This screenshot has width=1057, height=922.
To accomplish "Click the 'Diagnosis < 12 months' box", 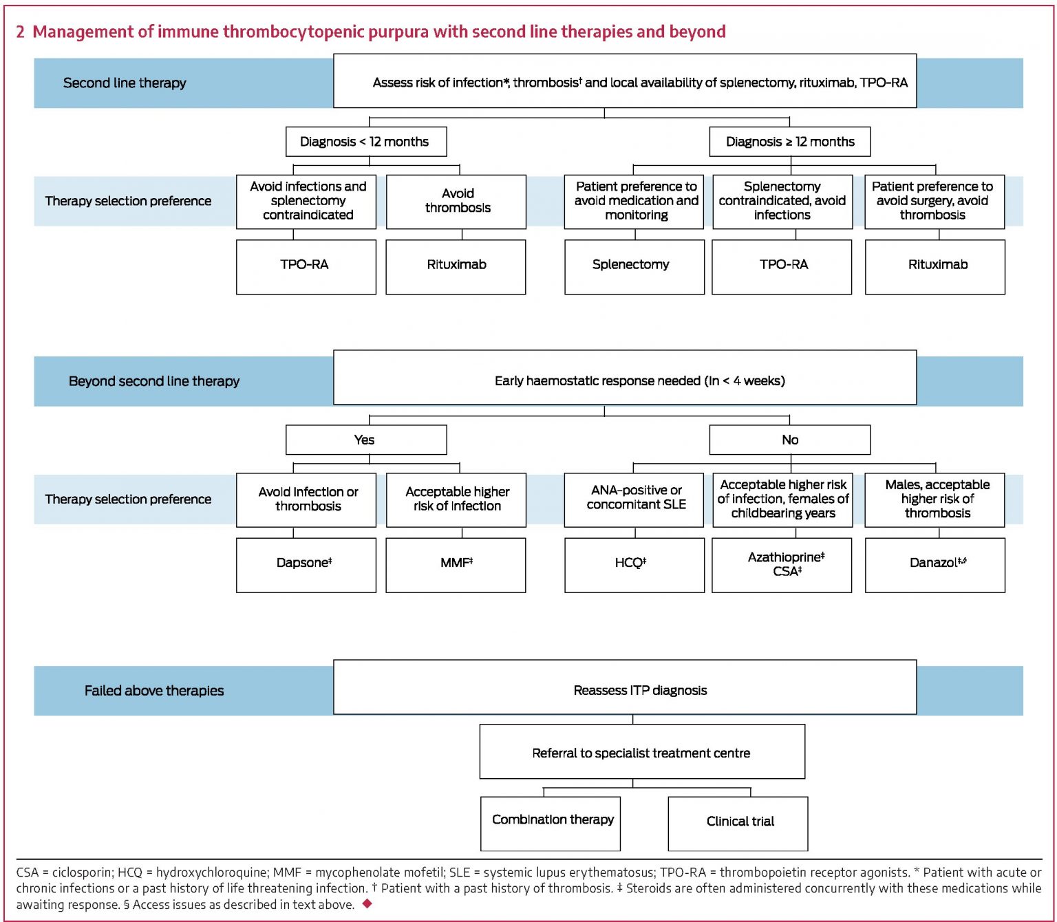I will tap(365, 142).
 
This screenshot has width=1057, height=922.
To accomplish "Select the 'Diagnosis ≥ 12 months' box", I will tap(789, 142).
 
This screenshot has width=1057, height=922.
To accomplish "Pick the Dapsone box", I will tap(306, 564).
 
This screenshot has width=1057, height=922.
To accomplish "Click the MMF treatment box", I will tap(456, 564).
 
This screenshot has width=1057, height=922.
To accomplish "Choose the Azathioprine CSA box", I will tap(782, 564).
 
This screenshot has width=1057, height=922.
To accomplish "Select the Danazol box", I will tap(935, 564).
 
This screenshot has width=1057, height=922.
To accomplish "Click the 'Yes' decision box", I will tap(365, 440).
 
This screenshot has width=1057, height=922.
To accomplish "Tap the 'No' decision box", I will tap(789, 440).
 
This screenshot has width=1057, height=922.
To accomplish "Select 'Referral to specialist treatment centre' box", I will tap(641, 751).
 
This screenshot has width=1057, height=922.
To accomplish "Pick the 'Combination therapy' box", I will tap(551, 823).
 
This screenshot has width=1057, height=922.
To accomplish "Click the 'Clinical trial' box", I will tap(738, 823).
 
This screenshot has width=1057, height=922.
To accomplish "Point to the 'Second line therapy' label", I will tap(125, 83).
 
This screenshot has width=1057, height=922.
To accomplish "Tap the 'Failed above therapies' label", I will tap(154, 691).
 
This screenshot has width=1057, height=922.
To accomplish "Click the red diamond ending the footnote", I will tap(367, 903).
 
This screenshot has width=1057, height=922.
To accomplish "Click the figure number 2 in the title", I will tap(21, 32).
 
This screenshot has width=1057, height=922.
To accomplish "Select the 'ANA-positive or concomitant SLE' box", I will tap(634, 499).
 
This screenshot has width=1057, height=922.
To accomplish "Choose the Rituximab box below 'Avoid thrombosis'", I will tap(456, 266).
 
